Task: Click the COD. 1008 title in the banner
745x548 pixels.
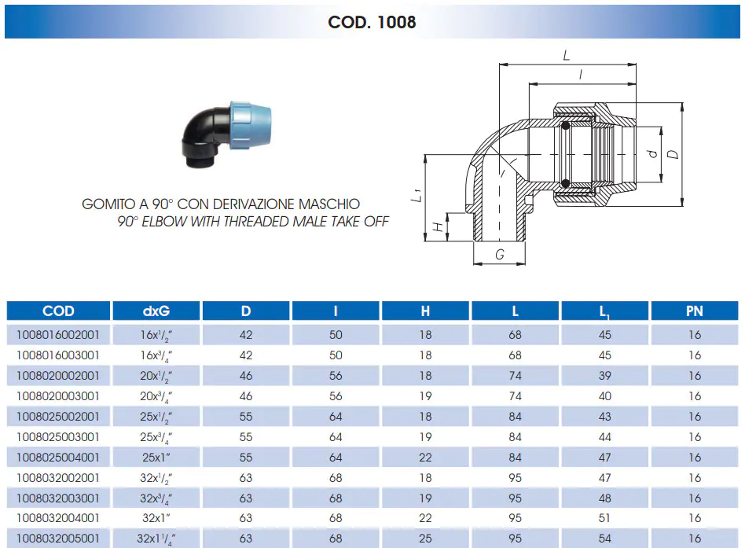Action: click(372, 22)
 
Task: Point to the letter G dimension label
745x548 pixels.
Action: click(500, 255)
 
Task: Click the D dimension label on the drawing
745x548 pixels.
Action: click(673, 154)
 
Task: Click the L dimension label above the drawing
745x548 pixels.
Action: click(566, 56)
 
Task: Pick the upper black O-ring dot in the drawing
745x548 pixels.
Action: click(565, 126)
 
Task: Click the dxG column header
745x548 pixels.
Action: click(156, 311)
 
